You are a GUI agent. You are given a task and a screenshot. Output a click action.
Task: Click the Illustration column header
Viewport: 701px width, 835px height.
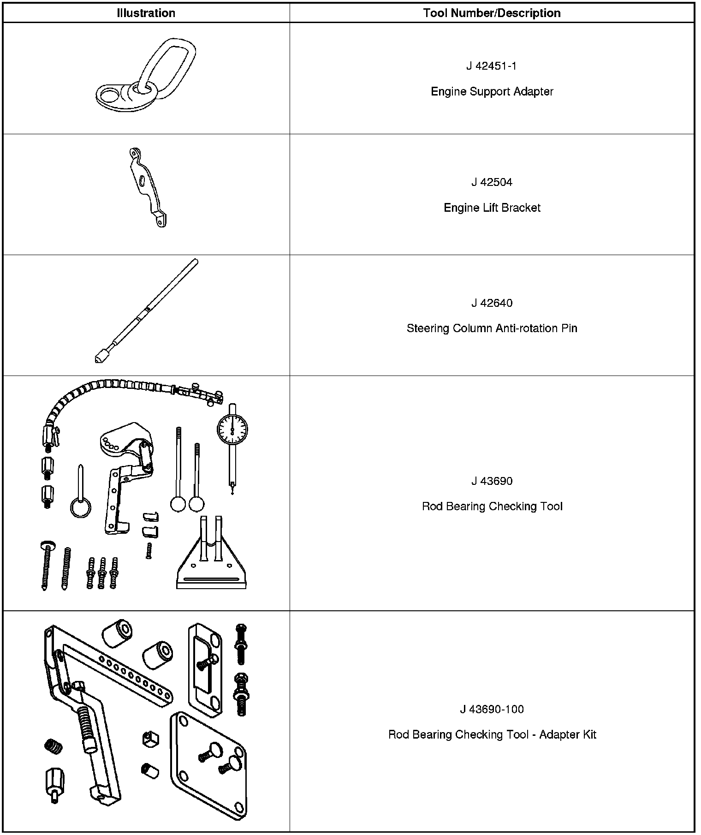[146, 13]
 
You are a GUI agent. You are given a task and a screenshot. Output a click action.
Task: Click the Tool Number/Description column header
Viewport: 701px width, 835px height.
[492, 13]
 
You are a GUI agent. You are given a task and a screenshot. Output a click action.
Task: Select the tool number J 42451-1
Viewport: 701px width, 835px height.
[491, 66]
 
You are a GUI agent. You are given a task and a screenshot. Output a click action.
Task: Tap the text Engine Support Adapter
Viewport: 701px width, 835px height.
[492, 91]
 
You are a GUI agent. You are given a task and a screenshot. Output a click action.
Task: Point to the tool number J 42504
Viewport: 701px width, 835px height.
[492, 182]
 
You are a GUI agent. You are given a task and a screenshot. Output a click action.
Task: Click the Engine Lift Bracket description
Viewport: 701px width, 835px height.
[492, 208]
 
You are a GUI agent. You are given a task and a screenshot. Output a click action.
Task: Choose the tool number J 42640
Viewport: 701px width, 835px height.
[492, 303]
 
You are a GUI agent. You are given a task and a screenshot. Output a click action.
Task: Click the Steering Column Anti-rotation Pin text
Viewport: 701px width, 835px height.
[492, 328]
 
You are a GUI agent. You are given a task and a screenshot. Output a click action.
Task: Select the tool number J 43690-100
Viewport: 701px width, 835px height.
[492, 709]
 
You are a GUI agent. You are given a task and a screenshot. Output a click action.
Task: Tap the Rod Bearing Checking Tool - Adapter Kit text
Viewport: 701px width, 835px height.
[492, 734]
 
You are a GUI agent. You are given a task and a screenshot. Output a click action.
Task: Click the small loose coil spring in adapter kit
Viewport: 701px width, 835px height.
[53, 746]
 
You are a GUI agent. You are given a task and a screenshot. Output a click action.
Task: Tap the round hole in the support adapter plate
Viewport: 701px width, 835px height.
[110, 95]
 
